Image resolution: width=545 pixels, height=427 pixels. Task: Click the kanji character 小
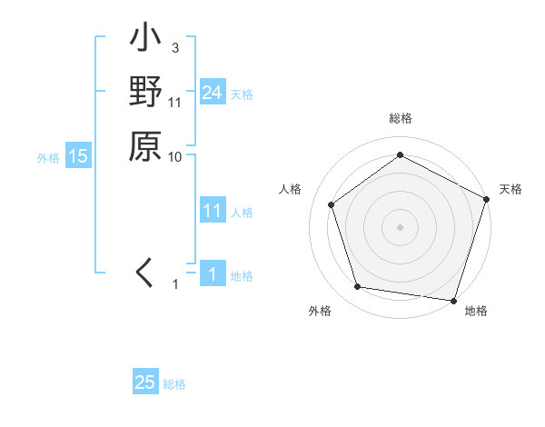pos(145,40)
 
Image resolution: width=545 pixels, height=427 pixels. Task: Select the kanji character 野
pos(145,94)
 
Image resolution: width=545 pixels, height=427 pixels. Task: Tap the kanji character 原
pos(145,145)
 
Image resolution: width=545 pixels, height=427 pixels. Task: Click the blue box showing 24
pos(212,93)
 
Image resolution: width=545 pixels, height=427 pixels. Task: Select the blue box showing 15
pos(78,156)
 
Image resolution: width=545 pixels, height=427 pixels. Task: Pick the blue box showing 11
pos(212,212)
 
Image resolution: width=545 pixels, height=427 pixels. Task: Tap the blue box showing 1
pos(212,275)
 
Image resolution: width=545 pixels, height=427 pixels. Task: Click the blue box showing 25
pos(145,382)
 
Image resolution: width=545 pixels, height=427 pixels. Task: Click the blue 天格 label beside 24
pos(242,94)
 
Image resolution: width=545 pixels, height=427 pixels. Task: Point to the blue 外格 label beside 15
pos(48,157)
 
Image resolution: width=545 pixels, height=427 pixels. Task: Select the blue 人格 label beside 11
pos(242,213)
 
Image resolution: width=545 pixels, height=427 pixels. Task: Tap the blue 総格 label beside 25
pos(174,384)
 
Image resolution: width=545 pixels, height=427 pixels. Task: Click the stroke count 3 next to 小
pos(174,47)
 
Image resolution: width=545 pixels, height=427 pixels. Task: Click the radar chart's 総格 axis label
pos(400,119)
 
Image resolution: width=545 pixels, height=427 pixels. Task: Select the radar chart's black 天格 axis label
pos(510,189)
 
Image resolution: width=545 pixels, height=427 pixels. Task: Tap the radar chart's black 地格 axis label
pos(476,312)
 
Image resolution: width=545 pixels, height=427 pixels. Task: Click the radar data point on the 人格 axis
pos(332,204)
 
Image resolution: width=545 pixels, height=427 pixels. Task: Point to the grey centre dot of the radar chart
pos(400,226)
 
